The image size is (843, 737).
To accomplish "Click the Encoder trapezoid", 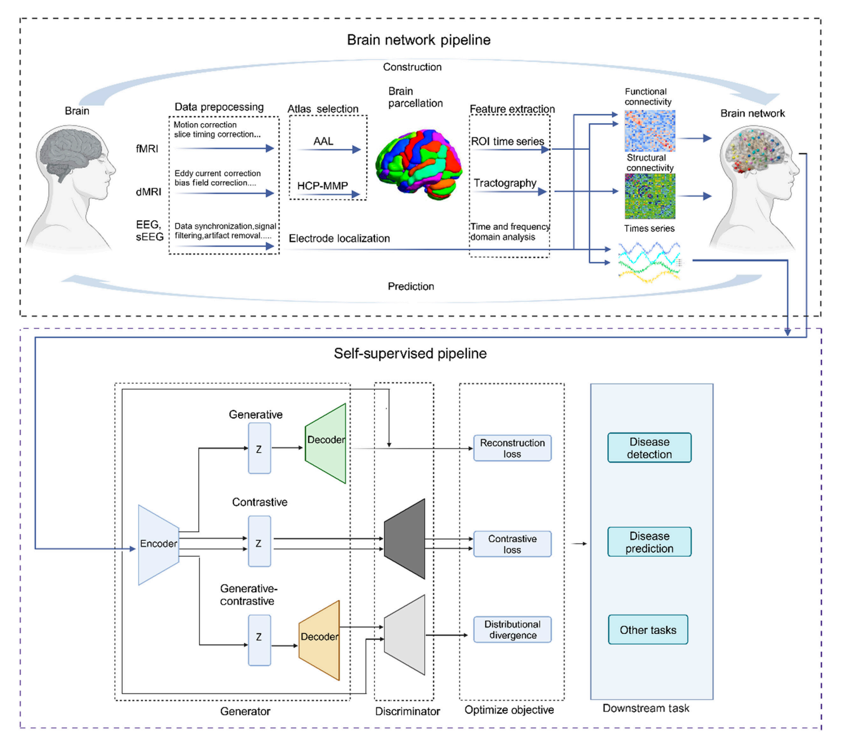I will [158, 544].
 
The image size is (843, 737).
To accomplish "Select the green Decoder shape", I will [326, 443].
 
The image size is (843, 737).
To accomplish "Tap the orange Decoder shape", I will [319, 640].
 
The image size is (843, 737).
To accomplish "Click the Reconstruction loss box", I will [512, 448].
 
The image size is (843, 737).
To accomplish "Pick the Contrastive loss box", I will [512, 544].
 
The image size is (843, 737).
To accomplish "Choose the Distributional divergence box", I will [512, 630].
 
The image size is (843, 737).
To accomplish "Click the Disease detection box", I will [649, 448].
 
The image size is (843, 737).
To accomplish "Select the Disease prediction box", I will [649, 542].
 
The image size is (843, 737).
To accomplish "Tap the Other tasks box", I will [648, 630].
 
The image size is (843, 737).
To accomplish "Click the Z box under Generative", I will [259, 448].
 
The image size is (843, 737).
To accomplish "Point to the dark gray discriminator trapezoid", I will [405, 539].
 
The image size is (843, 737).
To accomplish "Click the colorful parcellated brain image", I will [419, 164].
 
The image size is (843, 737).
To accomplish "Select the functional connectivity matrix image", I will [649, 130].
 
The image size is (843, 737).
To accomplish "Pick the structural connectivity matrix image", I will [649, 196].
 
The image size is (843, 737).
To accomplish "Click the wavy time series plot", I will [649, 261].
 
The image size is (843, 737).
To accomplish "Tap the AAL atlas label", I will [323, 141].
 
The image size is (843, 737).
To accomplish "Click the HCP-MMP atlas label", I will [322, 185].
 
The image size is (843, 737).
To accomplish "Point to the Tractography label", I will [505, 183].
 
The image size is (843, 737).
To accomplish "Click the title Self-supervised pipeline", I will [410, 354].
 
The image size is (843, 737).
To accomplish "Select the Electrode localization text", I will [339, 238].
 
